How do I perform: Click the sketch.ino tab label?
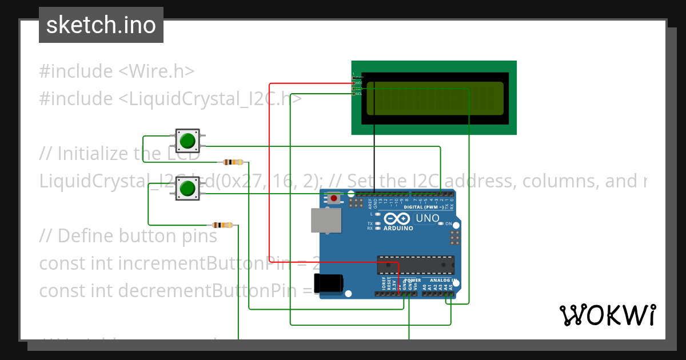[101, 25]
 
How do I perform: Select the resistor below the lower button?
[222, 225]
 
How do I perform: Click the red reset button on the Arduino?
[333, 198]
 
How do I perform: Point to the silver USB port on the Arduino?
[325, 220]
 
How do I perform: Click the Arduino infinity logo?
[397, 219]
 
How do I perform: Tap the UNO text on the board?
[427, 218]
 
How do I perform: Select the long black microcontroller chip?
[416, 266]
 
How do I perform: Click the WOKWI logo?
[607, 315]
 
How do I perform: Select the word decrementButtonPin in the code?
[220, 291]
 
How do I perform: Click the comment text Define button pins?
[137, 236]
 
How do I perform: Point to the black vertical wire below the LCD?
[374, 160]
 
